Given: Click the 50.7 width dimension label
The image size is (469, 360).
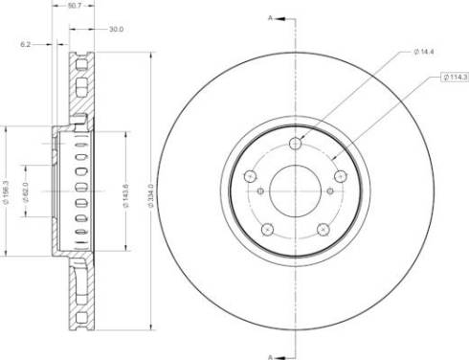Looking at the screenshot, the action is pos(74,6).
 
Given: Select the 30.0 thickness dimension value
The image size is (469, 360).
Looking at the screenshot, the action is pos(116,30).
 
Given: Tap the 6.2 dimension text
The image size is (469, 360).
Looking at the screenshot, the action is pos(25,45).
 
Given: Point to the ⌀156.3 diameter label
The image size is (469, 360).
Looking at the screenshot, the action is pos(5,192).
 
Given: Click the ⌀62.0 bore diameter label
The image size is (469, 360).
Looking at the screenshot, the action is pos(26,192).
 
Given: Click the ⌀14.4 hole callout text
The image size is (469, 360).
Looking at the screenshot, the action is pos(423,52).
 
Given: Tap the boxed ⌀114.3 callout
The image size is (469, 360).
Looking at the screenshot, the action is pos(455,77).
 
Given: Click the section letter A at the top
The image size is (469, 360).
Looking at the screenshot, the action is pos(270,18).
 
